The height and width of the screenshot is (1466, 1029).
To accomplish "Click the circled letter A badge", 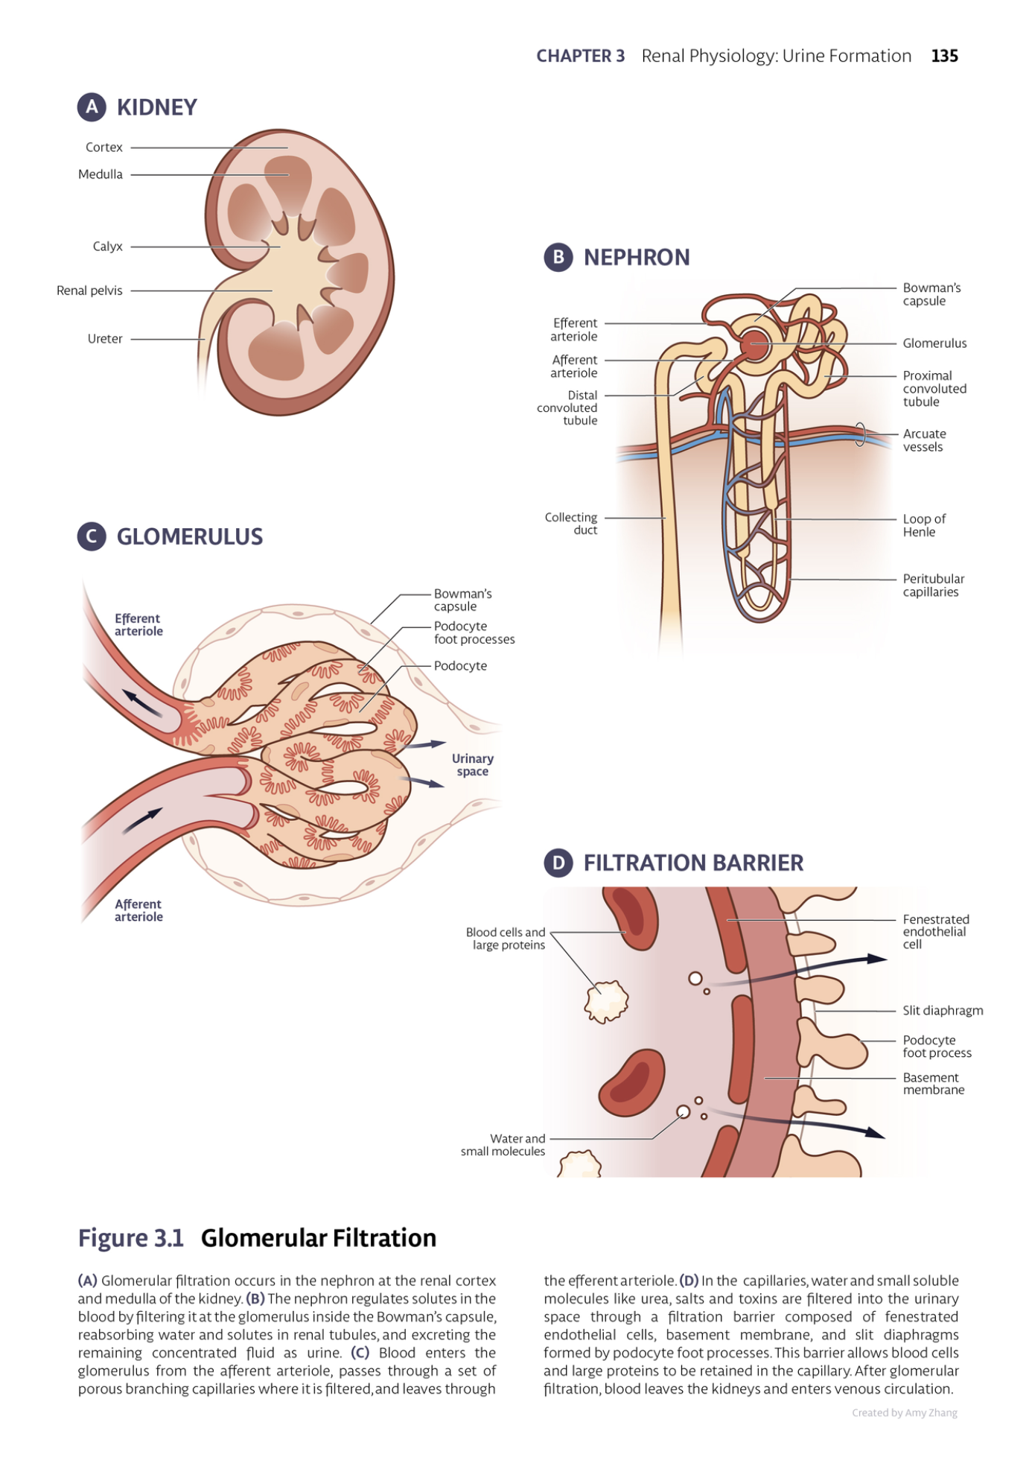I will coord(92,107).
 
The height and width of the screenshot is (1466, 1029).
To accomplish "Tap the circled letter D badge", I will coord(558,863).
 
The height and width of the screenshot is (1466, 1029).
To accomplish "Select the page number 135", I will coord(944,56).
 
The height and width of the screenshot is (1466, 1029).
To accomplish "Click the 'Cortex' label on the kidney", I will coord(104,147).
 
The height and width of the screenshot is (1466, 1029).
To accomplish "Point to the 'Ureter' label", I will coord(105,339).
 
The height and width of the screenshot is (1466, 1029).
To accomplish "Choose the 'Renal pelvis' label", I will coord(89,291).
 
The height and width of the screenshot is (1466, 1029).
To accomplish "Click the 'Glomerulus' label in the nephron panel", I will coord(934,343).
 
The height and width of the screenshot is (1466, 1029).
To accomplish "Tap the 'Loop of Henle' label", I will coord(923,525).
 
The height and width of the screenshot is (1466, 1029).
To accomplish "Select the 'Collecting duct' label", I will coord(571,524).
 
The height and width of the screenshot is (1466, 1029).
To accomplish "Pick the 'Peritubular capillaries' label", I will coord(933,586).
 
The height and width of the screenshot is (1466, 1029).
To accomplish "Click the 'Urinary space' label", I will coord(473,765).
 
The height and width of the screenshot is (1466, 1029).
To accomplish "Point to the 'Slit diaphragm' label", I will coord(943,1011).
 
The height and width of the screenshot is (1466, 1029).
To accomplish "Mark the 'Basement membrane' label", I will coord(933,1084).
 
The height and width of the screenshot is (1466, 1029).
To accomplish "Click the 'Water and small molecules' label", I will coord(503,1145).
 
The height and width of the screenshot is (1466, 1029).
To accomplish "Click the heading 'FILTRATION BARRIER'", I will coord(693,863).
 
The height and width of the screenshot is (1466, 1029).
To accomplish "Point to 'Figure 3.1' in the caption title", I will coord(131,1238).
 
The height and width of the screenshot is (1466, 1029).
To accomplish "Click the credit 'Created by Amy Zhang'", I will coord(905,1413).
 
